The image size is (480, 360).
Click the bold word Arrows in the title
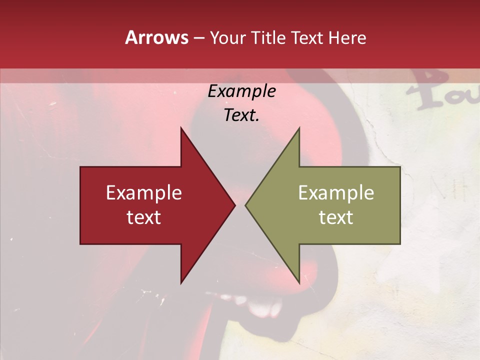(x=156, y=37)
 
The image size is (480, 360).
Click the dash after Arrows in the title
(x=198, y=38)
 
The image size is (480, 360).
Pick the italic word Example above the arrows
(x=241, y=91)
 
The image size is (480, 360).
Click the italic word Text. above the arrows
(x=241, y=115)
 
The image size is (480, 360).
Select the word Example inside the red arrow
(x=144, y=193)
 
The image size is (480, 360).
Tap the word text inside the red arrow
(x=144, y=217)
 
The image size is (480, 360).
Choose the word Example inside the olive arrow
(x=336, y=193)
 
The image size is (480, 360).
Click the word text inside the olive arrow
(x=336, y=217)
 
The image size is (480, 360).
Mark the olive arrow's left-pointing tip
(x=246, y=205)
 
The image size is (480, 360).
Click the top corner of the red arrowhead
(x=181, y=128)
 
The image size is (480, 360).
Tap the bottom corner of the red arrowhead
(x=181, y=282)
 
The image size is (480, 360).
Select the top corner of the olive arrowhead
(x=299, y=128)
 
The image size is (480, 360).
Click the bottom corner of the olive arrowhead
(x=299, y=282)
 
